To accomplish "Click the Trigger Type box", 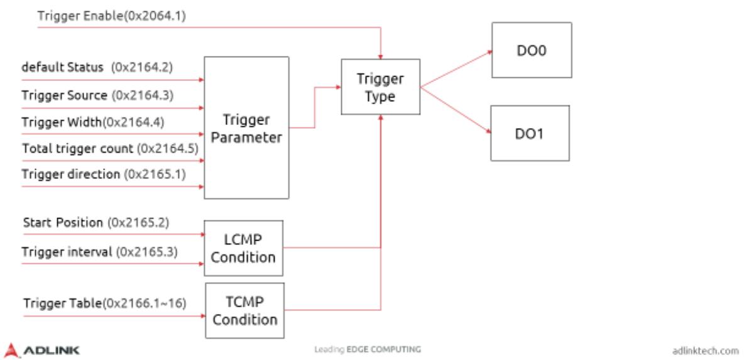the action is coord(381,87).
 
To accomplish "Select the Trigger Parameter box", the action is coord(246,128).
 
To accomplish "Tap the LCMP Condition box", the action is coord(243,248).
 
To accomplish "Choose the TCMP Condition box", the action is coord(245,310).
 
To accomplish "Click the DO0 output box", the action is coord(532,50).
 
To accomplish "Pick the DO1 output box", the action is coord(530,133).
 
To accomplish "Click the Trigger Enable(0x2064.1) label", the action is coord(111,16).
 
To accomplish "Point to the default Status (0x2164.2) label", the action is coord(97,67).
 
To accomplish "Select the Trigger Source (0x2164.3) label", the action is coord(97,95).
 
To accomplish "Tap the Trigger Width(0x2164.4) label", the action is coord(93,123).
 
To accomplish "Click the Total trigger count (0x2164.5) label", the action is coord(110,149).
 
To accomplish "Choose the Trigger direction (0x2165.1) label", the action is coord(104,175).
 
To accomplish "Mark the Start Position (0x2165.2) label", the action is coord(96,222).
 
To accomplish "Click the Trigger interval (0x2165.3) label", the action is coord(100,251).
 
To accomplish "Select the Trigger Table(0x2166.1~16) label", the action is coord(104,303).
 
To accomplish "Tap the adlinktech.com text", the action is coord(706,351).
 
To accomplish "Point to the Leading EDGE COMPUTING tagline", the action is coord(367,350).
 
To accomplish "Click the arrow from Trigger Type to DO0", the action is coord(456,68).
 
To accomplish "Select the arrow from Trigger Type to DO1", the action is coord(456,111).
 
